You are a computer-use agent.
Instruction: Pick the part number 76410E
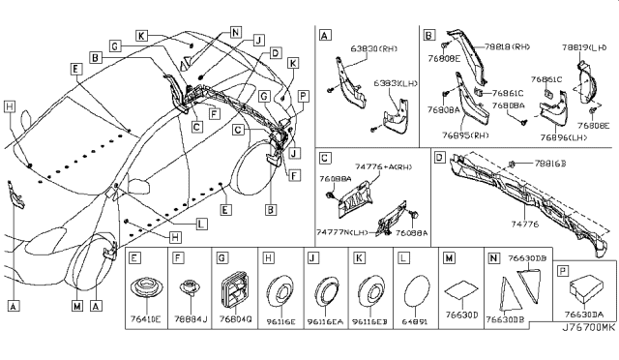(x=147, y=315)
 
